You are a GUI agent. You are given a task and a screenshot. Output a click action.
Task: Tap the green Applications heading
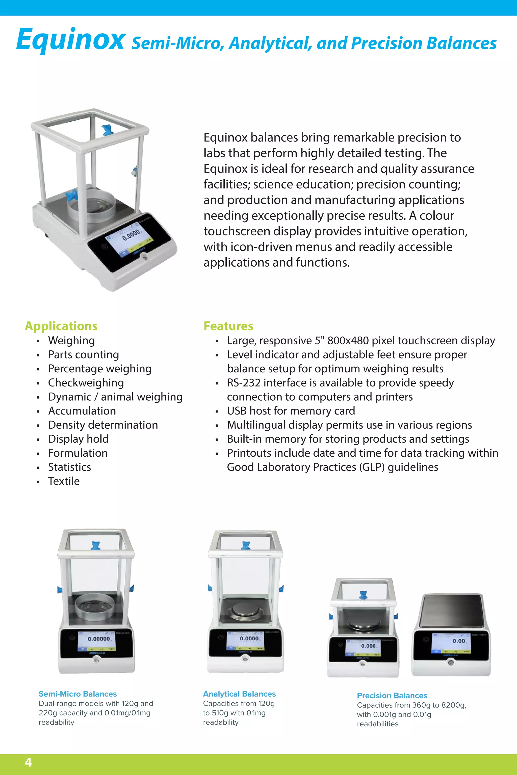[61, 326]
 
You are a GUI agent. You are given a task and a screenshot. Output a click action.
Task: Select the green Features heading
[228, 326]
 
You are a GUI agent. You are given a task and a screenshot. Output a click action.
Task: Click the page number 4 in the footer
[28, 762]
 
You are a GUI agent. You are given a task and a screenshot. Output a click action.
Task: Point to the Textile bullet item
[64, 481]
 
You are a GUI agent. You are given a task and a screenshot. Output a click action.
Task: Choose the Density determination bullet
[103, 425]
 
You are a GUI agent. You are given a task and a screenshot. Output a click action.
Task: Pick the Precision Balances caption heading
[392, 695]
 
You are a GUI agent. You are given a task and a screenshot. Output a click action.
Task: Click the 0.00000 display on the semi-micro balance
[99, 639]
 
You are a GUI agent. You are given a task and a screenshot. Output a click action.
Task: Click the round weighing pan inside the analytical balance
[244, 611]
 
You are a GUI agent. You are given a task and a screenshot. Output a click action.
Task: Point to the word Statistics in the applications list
[70, 467]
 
